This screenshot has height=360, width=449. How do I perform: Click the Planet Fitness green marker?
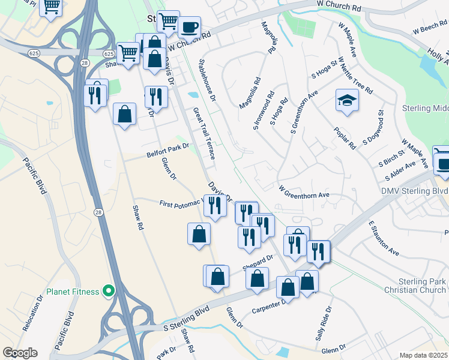click(x=109, y=291)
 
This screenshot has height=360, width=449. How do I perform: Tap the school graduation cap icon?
click(x=347, y=101)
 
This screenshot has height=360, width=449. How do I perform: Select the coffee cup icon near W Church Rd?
click(x=189, y=28)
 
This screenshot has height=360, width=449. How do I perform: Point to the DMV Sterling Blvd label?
click(x=414, y=191)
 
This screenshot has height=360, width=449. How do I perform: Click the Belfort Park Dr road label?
click(x=167, y=150)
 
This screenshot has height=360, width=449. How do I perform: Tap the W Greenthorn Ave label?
click(x=304, y=191)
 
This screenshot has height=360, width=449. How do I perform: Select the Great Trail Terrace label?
click(x=204, y=133)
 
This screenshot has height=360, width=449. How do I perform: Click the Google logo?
click(x=20, y=353)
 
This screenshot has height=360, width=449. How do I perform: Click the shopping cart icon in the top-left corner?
click(x=52, y=7)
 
